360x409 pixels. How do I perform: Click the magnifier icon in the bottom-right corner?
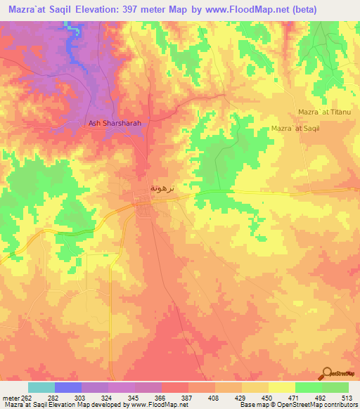[328, 374]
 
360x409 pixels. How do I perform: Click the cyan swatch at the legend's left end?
[41, 387]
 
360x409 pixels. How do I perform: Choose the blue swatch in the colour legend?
[68, 387]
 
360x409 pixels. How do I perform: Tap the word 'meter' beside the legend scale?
[10, 396]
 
